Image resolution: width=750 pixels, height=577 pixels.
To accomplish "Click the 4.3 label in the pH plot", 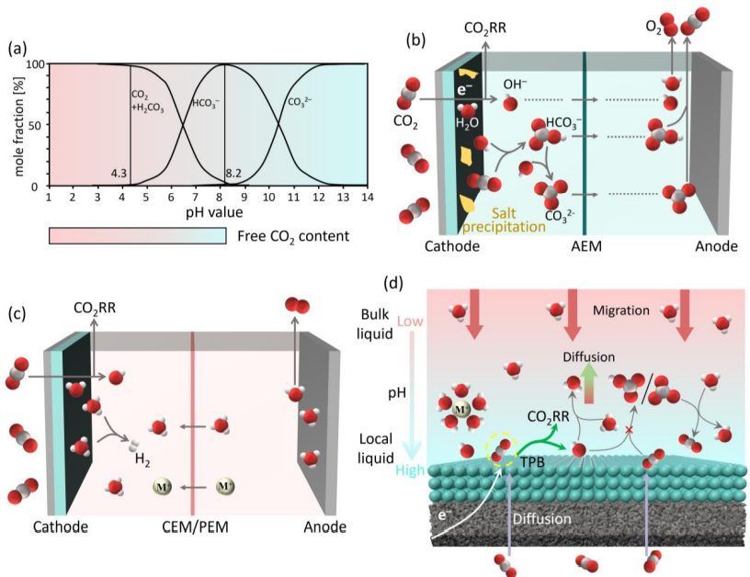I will pyautogui.click(x=119, y=173).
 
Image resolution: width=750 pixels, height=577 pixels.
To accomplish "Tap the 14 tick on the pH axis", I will pyautogui.click(x=367, y=197).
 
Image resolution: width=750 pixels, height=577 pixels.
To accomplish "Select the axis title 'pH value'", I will pyautogui.click(x=208, y=211).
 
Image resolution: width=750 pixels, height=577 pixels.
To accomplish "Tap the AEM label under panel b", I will pyautogui.click(x=585, y=247).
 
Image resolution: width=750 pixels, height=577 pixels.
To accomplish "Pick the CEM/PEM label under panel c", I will pyautogui.click(x=192, y=526).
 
